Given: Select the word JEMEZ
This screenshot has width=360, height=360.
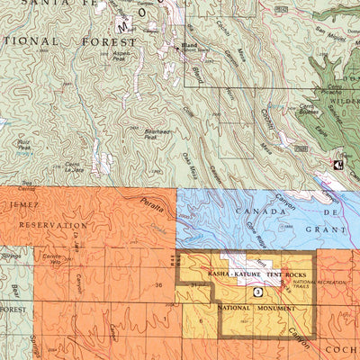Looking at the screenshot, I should [x=21, y=207].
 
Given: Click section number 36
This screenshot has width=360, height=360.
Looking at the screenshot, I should [x=158, y=284].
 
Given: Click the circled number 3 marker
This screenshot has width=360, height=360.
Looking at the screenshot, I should [x=257, y=292].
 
